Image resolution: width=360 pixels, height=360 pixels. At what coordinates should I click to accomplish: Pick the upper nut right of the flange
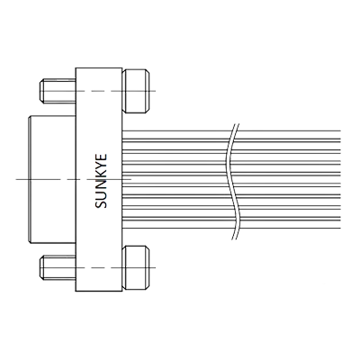136,90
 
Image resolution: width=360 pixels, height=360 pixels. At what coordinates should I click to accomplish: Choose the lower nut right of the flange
136,267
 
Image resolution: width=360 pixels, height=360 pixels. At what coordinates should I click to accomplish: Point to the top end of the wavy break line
238,123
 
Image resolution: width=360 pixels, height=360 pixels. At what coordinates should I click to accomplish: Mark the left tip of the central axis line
18,177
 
